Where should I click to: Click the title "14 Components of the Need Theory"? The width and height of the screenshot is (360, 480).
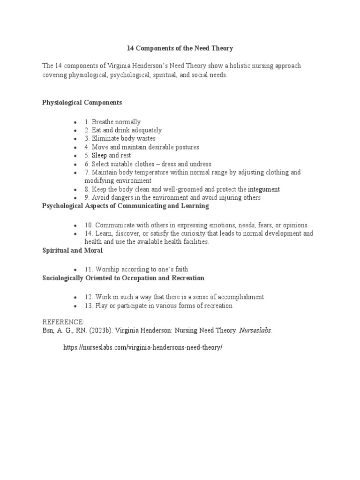coord(180,48)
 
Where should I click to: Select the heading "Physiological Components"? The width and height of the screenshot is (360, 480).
coord(82,102)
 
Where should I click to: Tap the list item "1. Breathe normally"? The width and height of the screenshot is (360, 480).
coord(112,122)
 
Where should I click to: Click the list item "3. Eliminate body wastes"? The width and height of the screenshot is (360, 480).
coord(120,139)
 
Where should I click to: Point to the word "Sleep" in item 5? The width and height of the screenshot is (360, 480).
coord(99,156)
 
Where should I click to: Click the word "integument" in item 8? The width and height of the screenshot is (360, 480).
coord(264,189)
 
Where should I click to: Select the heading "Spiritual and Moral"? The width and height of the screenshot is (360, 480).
coord(72,251)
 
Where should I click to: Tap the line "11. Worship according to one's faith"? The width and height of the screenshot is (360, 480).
coord(136,270)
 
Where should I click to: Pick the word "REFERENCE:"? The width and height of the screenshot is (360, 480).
coord(63,322)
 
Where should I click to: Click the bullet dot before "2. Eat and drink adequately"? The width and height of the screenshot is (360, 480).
coord(75,131)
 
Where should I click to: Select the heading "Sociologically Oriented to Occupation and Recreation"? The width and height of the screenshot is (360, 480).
coord(123,278)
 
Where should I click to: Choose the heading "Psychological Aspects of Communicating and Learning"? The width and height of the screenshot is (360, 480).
coord(126,206)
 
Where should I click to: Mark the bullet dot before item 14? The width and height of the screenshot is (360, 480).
coord(75,234)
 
